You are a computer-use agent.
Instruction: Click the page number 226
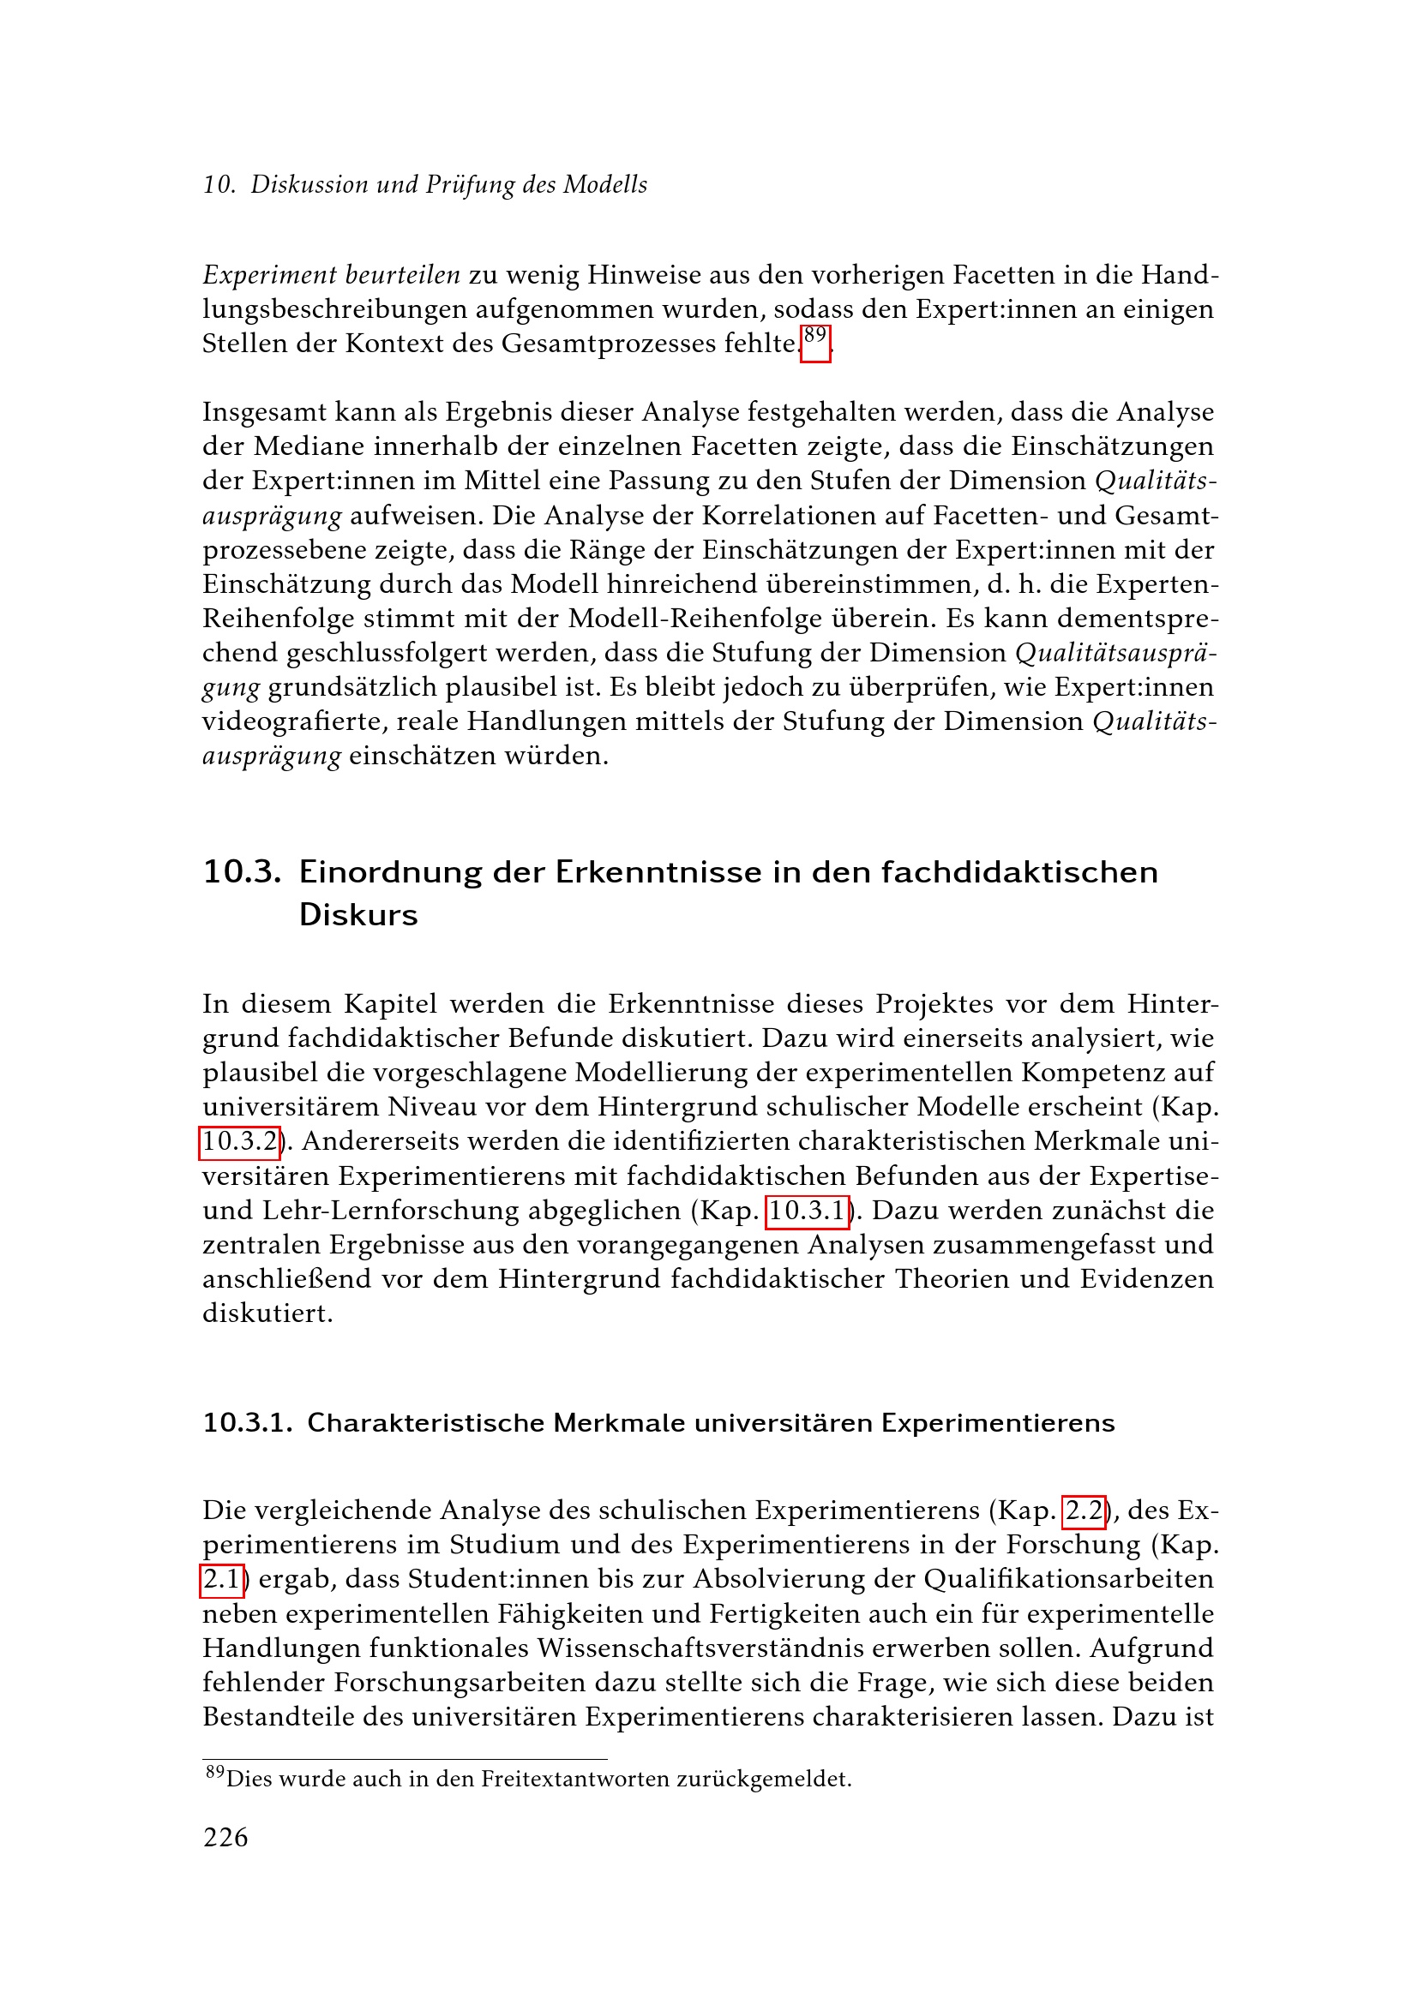click(225, 1837)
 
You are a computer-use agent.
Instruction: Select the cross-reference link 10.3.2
click(239, 1141)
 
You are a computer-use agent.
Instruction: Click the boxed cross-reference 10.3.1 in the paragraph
click(807, 1211)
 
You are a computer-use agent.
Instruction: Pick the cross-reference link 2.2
click(1084, 1510)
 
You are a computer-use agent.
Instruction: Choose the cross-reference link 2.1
click(222, 1579)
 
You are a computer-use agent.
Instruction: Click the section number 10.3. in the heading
click(242, 872)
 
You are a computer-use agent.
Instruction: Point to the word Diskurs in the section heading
click(358, 915)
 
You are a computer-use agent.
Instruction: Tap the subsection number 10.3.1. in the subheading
click(248, 1424)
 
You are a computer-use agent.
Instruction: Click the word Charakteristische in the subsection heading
click(426, 1424)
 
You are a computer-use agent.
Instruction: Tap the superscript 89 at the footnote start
click(215, 1772)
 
